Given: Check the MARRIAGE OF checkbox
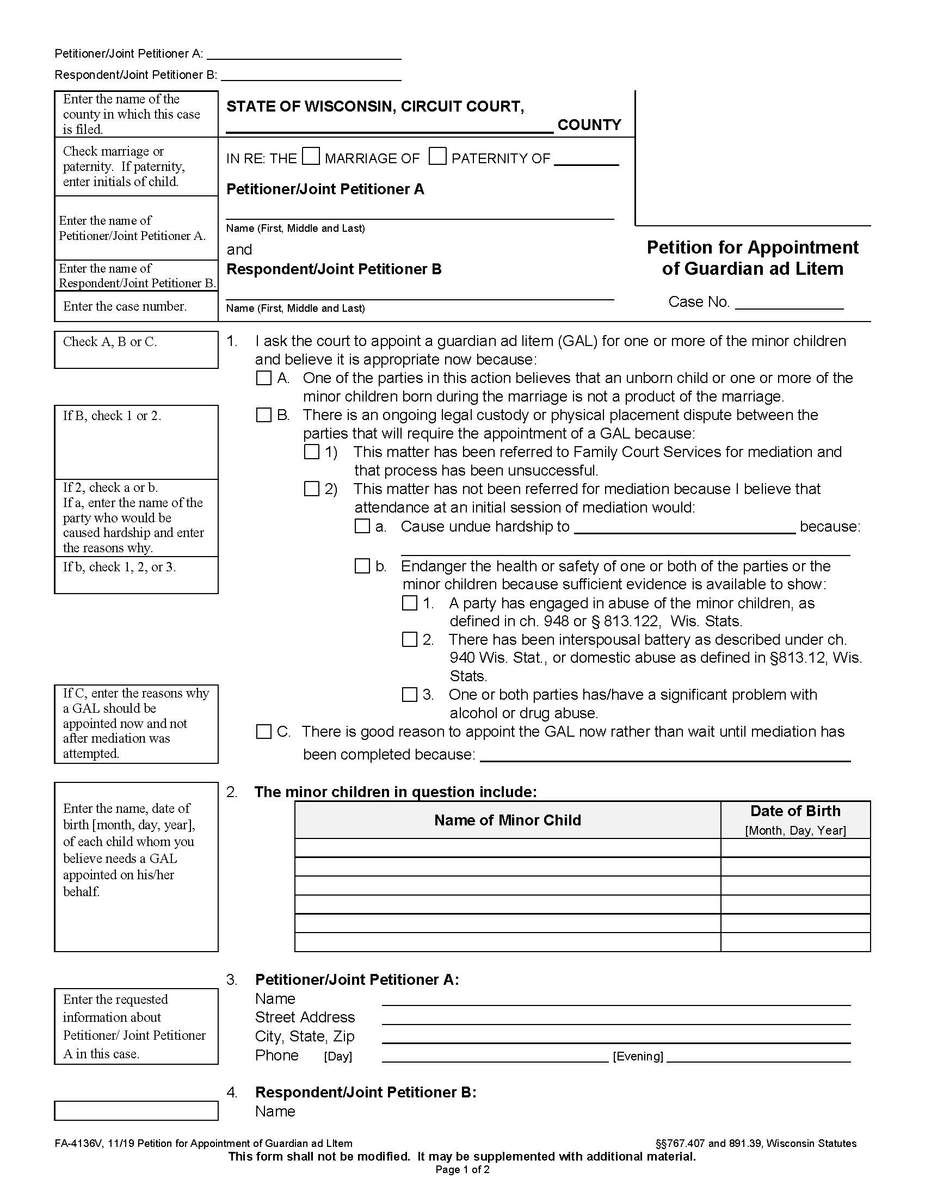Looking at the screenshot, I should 311,157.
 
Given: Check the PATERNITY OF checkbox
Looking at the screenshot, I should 437,157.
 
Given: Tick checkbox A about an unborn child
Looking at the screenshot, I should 263,378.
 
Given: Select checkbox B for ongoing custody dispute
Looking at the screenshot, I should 263,415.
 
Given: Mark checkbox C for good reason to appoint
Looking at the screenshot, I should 263,732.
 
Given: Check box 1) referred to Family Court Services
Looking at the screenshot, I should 311,452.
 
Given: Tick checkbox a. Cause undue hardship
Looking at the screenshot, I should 362,526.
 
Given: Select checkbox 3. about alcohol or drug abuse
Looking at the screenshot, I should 409,695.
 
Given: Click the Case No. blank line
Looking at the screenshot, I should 788,303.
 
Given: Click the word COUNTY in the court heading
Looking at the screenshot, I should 589,125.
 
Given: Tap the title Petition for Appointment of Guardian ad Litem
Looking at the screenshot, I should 753,257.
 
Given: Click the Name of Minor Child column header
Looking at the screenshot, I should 508,820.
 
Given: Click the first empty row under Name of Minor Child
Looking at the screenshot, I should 508,848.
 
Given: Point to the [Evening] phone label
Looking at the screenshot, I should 638,1056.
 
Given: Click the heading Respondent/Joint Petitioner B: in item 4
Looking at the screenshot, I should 366,1093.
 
